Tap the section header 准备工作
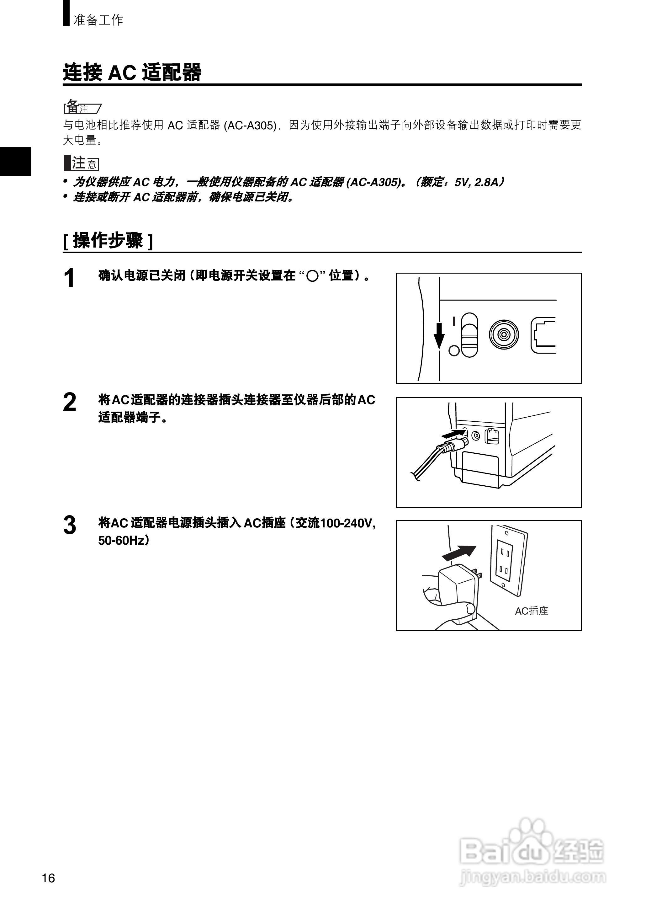pyautogui.click(x=98, y=20)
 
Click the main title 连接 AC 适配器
pyautogui.click(x=132, y=73)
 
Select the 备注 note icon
pyautogui.click(x=82, y=107)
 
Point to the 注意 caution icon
pyautogui.click(x=81, y=163)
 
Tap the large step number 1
pyautogui.click(x=70, y=278)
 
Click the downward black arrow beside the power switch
pyautogui.click(x=439, y=335)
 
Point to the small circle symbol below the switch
pyautogui.click(x=454, y=351)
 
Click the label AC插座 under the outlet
pyautogui.click(x=532, y=611)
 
